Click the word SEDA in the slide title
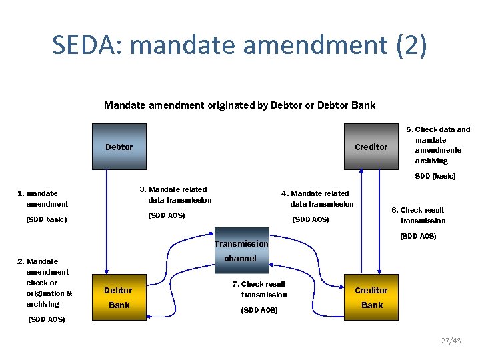point(87,45)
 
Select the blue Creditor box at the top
point(371,147)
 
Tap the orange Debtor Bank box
point(119,297)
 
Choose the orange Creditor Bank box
point(371,297)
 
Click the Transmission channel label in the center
point(241,251)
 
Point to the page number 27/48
point(451,341)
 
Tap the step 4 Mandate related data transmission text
point(320,199)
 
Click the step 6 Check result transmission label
point(422,215)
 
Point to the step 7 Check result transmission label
point(261,289)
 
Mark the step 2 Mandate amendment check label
point(47,283)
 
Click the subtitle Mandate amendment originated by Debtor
point(240,105)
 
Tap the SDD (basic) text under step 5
point(435,177)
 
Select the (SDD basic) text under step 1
point(47,219)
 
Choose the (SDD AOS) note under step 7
point(259,310)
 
